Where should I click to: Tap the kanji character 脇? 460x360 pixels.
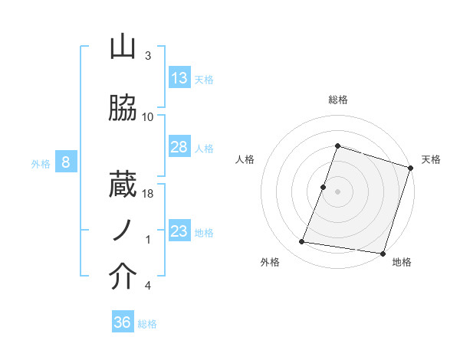tap(123, 110)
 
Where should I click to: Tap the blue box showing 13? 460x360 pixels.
tap(179, 78)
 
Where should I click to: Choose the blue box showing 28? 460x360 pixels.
tap(179, 147)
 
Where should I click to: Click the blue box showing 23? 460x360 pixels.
tap(179, 231)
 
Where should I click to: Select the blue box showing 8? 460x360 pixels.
tap(67, 162)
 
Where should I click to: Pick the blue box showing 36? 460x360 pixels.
tap(123, 322)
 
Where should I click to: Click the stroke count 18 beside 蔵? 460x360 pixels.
tap(149, 194)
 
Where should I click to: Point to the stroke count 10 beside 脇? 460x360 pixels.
tap(148, 117)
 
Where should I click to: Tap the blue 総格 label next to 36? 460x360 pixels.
tap(147, 324)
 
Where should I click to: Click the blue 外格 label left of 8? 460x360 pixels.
tap(40, 163)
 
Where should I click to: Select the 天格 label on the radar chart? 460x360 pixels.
tap(431, 159)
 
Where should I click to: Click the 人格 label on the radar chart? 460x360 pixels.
tap(245, 159)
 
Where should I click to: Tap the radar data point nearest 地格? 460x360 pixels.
tap(382, 253)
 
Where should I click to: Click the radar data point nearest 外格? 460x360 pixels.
tap(302, 242)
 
